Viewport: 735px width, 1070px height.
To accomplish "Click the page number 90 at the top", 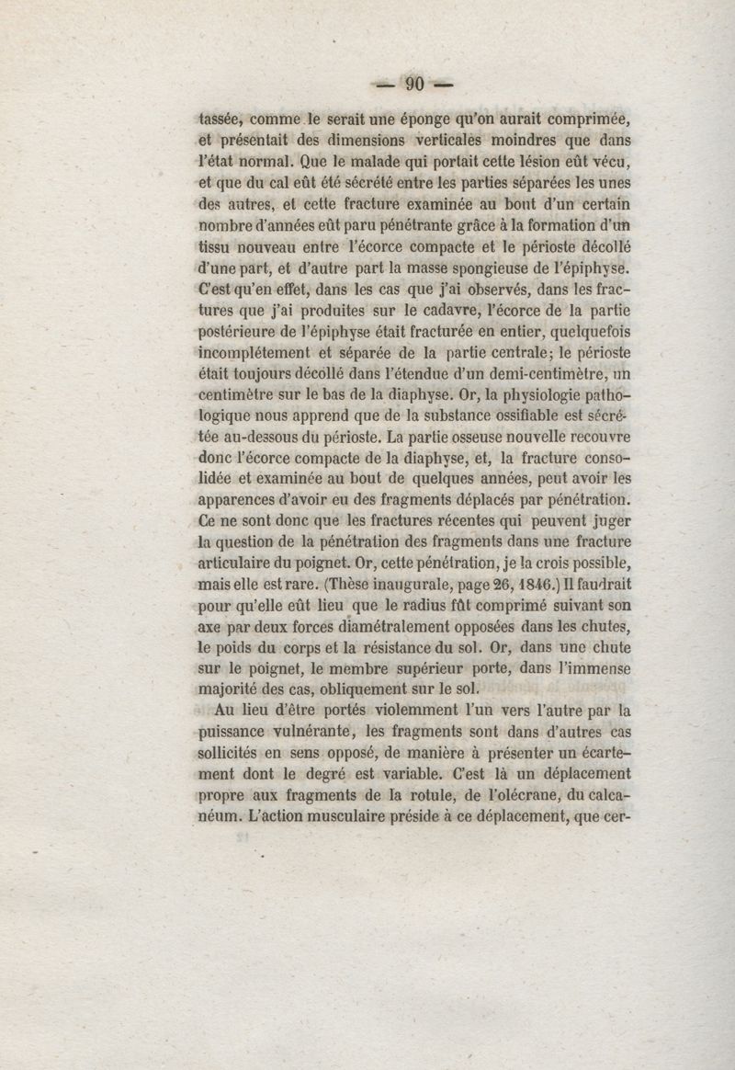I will tap(413, 85).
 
